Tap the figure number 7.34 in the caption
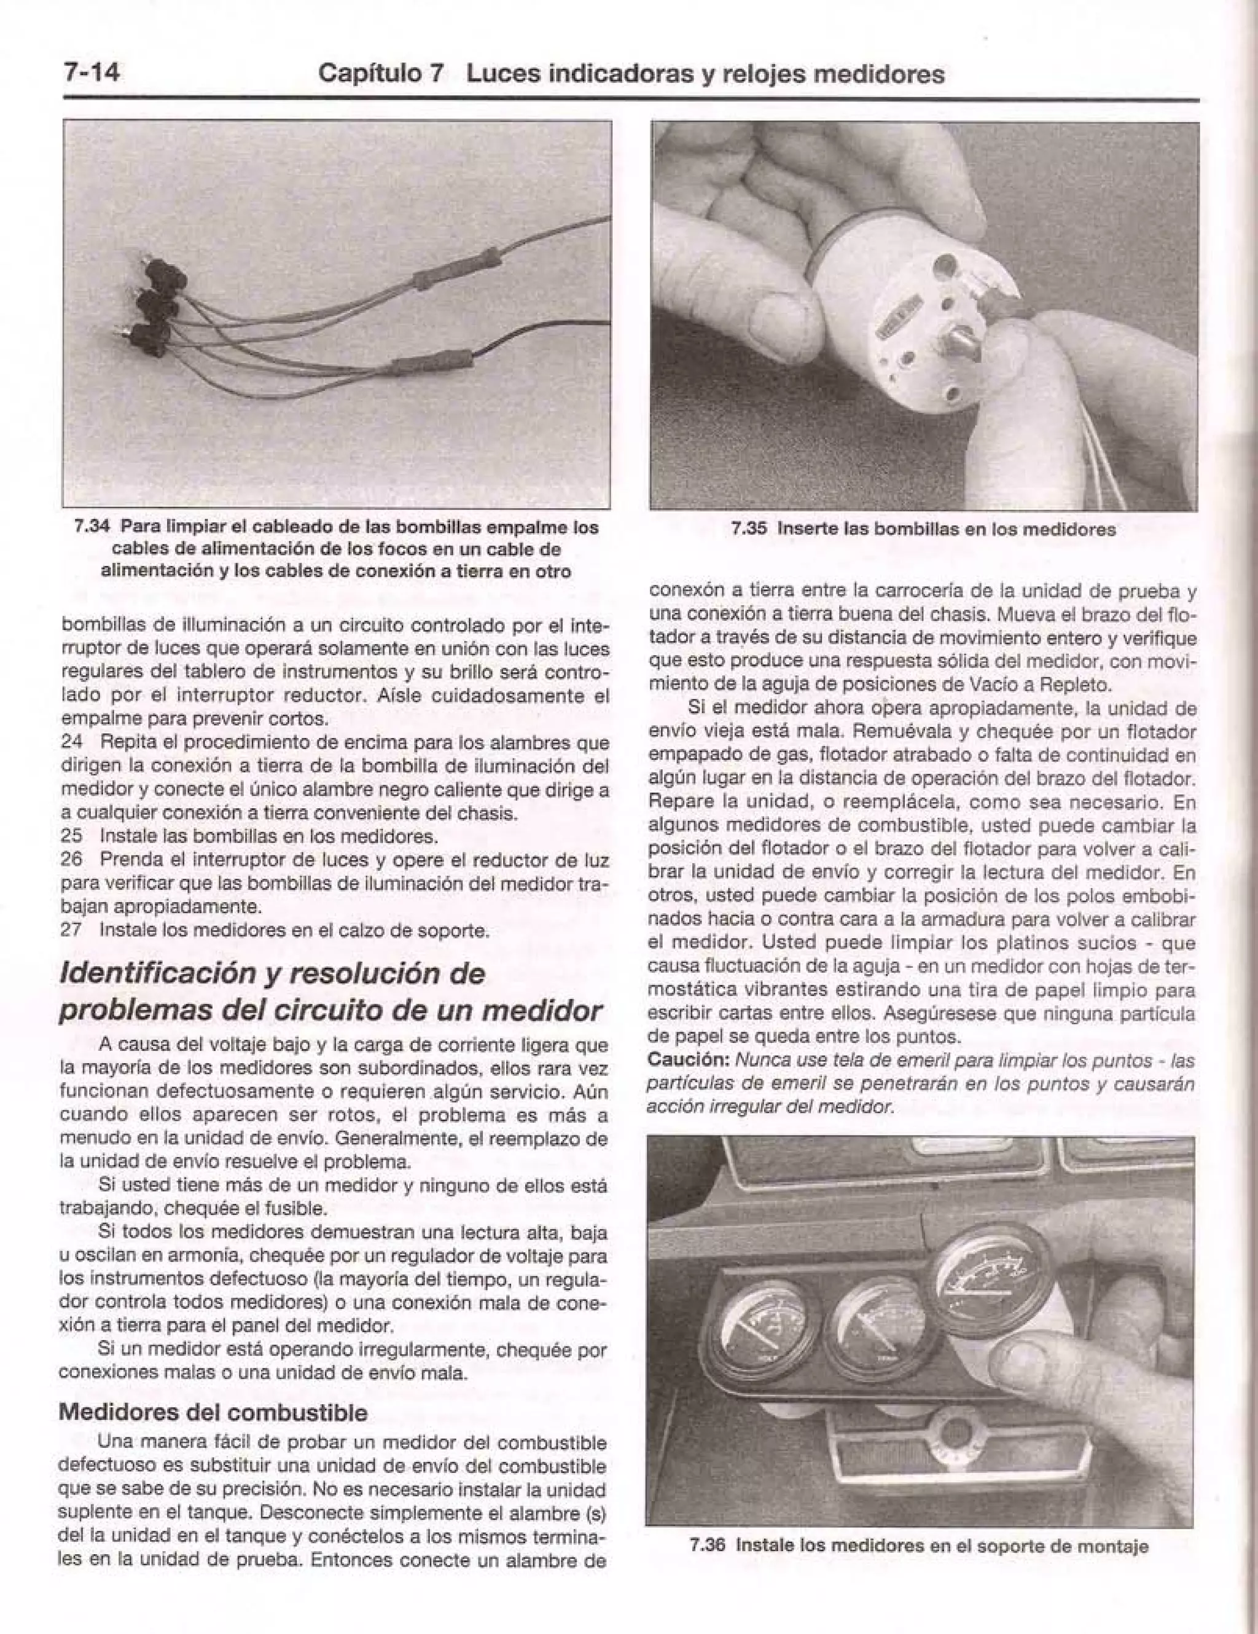pyautogui.click(x=93, y=527)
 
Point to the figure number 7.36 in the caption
pyautogui.click(x=708, y=1545)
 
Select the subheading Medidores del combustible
pyautogui.click(x=213, y=1413)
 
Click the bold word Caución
pyautogui.click(x=688, y=1060)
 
